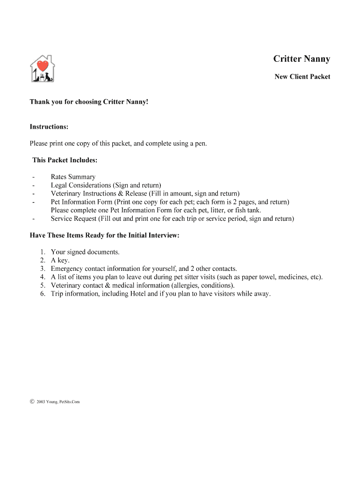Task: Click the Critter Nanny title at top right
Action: pos(302,59)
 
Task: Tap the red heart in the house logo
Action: pos(43,66)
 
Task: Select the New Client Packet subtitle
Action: pos(302,77)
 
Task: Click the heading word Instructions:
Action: pos(49,127)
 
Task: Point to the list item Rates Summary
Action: pos(73,177)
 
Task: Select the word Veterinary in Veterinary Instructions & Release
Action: pos(67,194)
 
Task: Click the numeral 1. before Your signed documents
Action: pos(43,252)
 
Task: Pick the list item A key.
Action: pos(60,261)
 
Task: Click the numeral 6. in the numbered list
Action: pos(43,294)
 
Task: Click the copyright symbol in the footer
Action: pos(32,401)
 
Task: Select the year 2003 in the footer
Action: pos(41,401)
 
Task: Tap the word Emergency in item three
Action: pos(68,269)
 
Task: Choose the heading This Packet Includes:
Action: pos(65,160)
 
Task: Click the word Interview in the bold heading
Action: pos(163,235)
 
